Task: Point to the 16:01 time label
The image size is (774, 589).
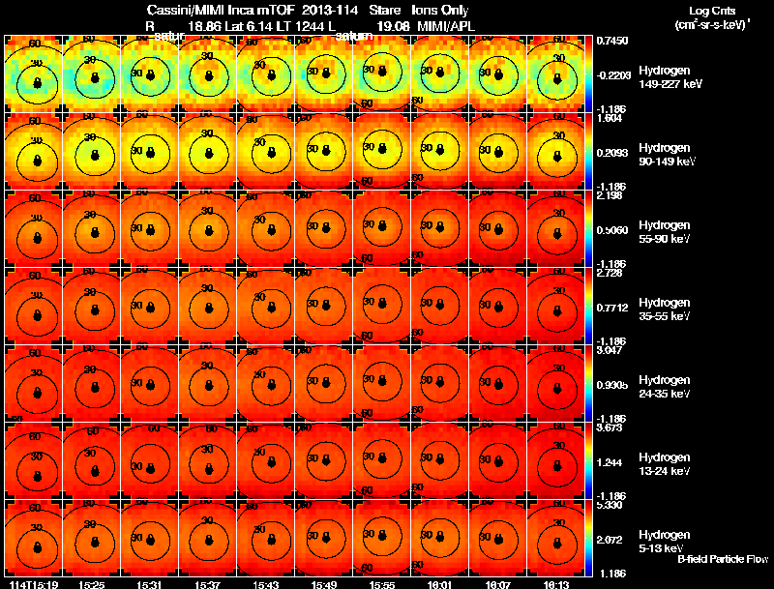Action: pyautogui.click(x=439, y=584)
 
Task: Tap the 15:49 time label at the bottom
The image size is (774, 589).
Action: pyautogui.click(x=323, y=584)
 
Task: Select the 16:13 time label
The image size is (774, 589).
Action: pyautogui.click(x=555, y=584)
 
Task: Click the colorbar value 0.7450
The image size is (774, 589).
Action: pyautogui.click(x=611, y=41)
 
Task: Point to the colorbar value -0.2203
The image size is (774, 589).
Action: pyautogui.click(x=611, y=74)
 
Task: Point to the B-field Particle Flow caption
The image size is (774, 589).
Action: pyautogui.click(x=722, y=559)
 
